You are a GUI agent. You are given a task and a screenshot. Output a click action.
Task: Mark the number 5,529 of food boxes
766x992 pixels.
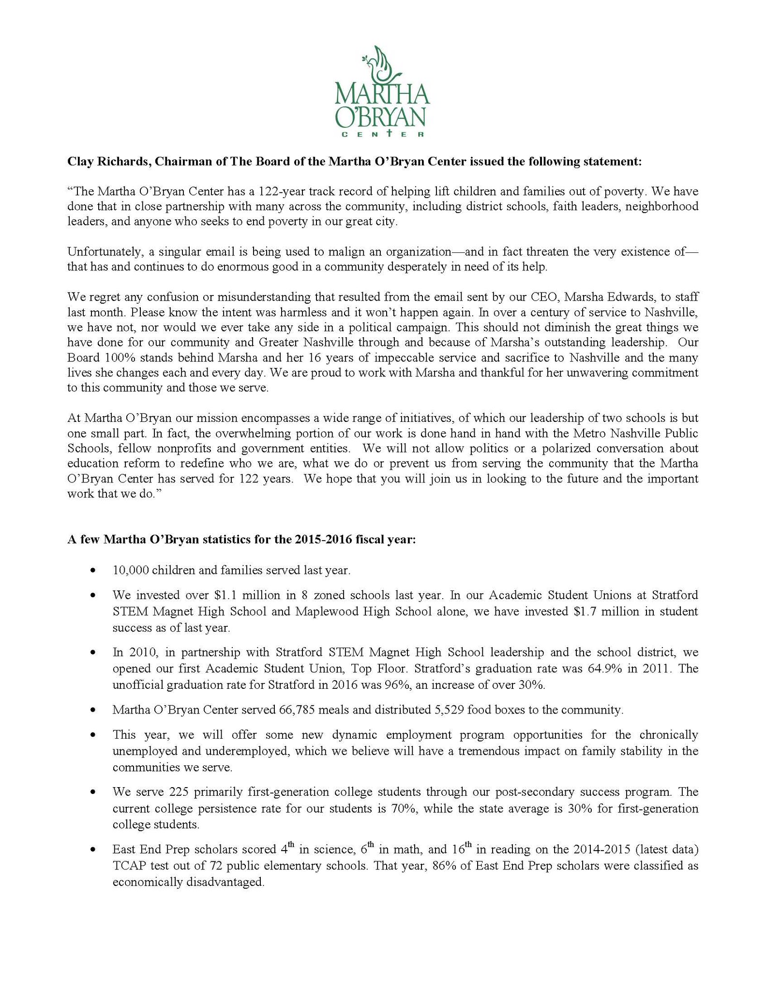pyautogui.click(x=417, y=710)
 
